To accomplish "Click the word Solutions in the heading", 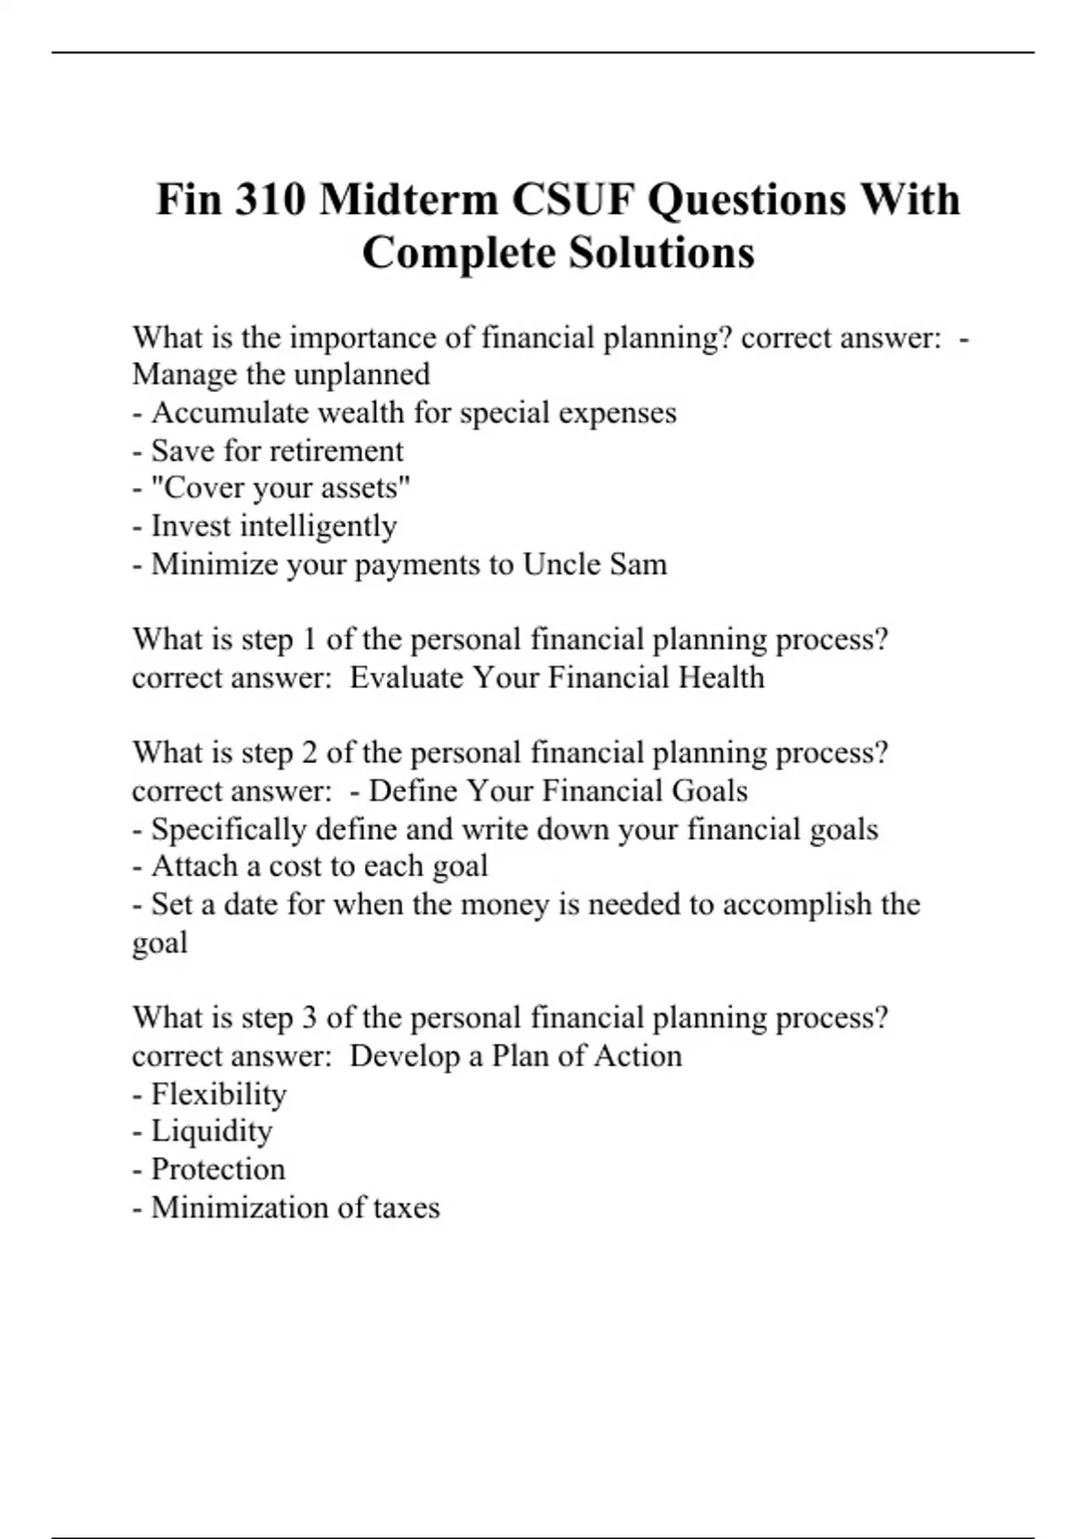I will pos(661,252).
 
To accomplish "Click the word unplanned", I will pos(359,375).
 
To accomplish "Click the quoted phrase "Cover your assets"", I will pos(281,488).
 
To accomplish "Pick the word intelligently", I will pos(318,526).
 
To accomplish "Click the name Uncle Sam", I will pos(594,564).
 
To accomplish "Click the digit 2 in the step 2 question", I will pos(310,752).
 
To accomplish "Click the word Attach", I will pos(191,866).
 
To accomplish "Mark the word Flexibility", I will pos(218,1094).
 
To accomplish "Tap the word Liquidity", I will pos(211,1132).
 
